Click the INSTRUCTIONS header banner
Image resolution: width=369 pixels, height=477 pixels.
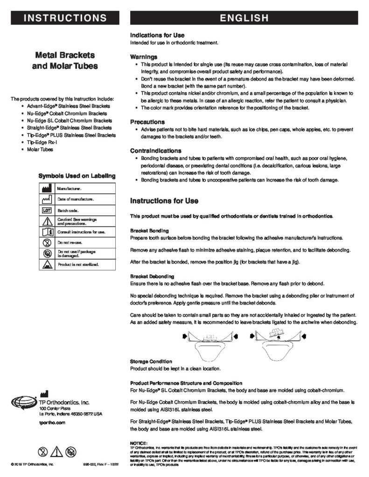point(65,18)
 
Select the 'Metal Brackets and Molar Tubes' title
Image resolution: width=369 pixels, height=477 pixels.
point(65,60)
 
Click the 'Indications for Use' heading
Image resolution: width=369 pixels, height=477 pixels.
point(157,35)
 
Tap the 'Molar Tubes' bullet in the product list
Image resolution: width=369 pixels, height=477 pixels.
point(40,150)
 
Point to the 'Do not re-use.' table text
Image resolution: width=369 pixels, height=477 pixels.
point(70,242)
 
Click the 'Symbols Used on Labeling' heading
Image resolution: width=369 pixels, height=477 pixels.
point(77,176)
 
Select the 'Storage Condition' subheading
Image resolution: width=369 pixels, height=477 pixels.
point(151,361)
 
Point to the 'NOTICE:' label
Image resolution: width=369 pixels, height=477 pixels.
point(139,442)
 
